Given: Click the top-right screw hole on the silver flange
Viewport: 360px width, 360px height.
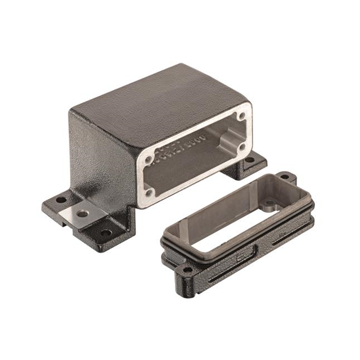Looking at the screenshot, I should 242,116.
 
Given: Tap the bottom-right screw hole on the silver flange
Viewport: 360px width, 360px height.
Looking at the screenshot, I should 242,147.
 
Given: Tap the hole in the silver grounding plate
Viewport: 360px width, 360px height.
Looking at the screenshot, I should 83,214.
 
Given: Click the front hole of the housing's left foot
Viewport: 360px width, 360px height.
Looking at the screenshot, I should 105,232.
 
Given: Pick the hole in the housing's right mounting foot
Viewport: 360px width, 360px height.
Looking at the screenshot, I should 250,160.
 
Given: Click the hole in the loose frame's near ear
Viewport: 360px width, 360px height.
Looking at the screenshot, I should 183,274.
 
